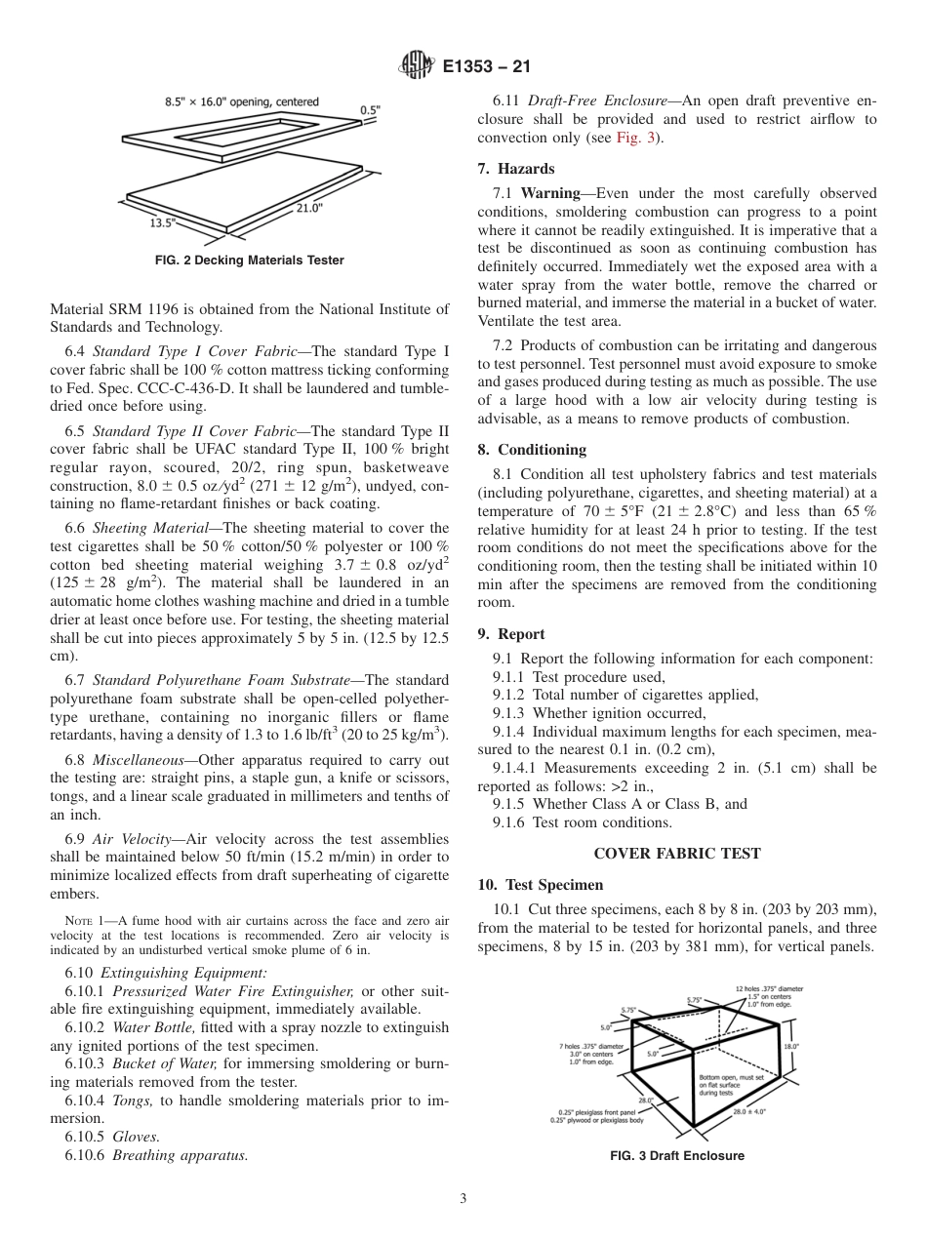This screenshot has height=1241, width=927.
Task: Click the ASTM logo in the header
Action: click(x=417, y=67)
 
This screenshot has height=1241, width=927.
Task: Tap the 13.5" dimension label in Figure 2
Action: click(x=162, y=222)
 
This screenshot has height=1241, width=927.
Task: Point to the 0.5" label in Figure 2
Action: click(x=372, y=110)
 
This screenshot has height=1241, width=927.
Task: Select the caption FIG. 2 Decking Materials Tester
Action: click(x=250, y=260)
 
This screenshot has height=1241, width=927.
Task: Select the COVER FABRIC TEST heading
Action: click(x=676, y=853)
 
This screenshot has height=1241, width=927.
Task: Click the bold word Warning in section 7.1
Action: click(x=549, y=193)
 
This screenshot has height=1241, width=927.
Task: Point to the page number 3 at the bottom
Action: click(x=463, y=1198)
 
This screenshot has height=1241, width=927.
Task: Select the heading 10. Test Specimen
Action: click(x=541, y=885)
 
